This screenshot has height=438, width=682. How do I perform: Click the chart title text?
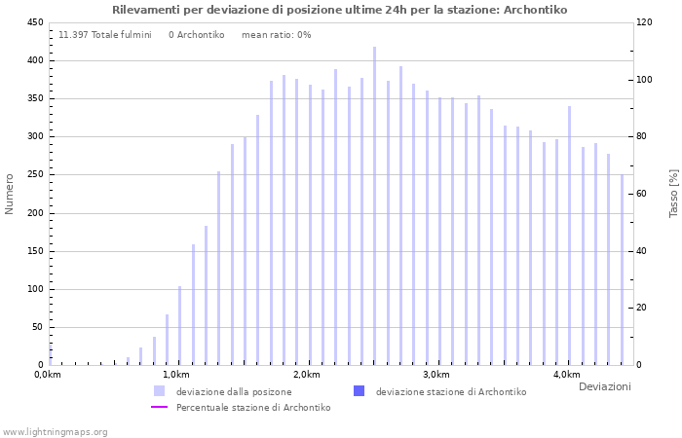pos(339,10)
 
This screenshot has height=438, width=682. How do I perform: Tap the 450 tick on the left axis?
pos(33,22)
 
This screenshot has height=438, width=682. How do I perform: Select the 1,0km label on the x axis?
pos(175,375)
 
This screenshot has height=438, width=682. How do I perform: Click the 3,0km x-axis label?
pos(436,375)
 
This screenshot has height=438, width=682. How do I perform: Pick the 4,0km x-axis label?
pos(566,375)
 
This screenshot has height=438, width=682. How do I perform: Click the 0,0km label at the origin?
pos(48,375)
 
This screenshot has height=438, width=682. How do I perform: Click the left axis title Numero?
pos(11,194)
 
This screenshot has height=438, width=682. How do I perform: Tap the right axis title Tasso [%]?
pos(672,193)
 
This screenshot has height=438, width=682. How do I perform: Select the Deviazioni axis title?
pos(604,387)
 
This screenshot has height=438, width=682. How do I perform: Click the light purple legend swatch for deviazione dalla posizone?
pos(159,391)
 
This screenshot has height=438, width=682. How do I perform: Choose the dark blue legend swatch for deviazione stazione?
pos(359,391)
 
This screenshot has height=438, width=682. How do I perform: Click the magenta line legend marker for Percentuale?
pos(160,408)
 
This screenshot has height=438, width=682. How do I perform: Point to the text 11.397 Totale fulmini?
pos(105,35)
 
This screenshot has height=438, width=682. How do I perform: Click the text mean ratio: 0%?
pos(276,35)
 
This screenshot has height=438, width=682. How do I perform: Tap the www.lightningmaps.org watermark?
pos(55,432)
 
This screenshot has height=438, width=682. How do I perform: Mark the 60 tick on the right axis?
pos(642,194)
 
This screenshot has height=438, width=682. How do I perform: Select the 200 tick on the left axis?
pos(33,213)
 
